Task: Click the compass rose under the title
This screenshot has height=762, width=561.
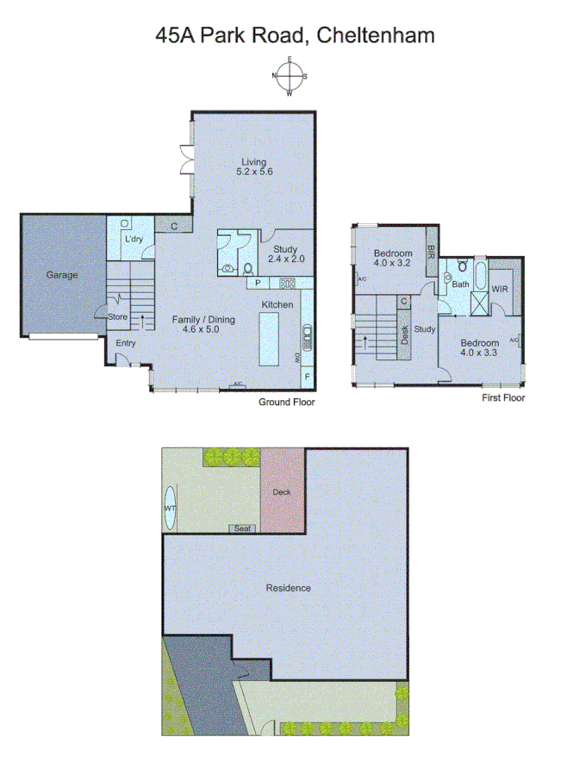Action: (290, 76)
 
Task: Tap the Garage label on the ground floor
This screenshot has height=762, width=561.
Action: (62, 275)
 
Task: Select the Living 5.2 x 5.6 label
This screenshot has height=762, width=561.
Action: (253, 166)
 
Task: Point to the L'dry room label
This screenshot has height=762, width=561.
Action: (134, 239)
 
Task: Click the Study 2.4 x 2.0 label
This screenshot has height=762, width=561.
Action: (285, 253)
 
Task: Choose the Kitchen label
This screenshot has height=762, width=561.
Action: (277, 304)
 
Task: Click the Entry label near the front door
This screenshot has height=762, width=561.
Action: (126, 343)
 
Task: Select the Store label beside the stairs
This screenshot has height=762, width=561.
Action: (118, 316)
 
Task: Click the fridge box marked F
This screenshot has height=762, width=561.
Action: (307, 377)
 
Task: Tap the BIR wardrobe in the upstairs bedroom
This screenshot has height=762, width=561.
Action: (432, 252)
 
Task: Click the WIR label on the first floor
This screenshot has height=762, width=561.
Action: (500, 289)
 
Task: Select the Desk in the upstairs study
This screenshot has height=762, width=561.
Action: (405, 334)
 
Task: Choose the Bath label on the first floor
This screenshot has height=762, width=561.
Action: (461, 284)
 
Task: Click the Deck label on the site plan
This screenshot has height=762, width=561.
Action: (282, 492)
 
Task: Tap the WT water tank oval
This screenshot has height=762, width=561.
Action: (171, 508)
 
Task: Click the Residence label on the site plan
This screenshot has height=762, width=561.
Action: (288, 588)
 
